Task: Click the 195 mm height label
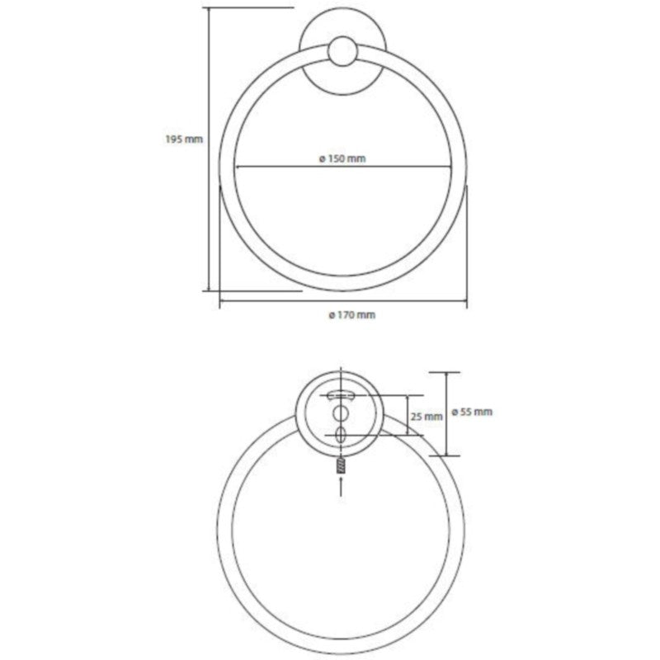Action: pyautogui.click(x=184, y=139)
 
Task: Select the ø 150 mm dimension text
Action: pyautogui.click(x=342, y=158)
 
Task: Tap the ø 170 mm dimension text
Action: pyautogui.click(x=352, y=315)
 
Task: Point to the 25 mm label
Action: pyautogui.click(x=427, y=417)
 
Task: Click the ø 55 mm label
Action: pyautogui.click(x=472, y=412)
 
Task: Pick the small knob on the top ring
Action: pyautogui.click(x=343, y=51)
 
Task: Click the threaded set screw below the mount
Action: pyautogui.click(x=341, y=466)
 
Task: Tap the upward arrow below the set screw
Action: pyautogui.click(x=341, y=486)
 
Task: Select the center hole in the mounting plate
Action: pyautogui.click(x=341, y=414)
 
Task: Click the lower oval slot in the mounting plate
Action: pyautogui.click(x=341, y=435)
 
